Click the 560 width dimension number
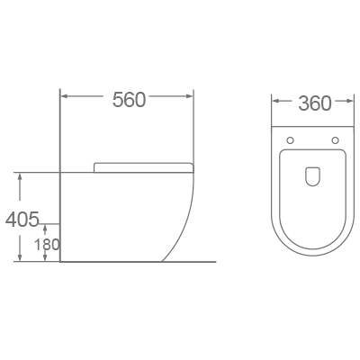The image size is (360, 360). click(129, 101)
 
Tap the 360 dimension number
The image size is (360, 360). click(314, 103)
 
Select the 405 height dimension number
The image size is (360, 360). click(21, 219)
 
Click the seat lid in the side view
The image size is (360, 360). click(144, 166)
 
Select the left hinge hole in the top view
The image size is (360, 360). click(292, 139)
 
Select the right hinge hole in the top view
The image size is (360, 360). click(335, 139)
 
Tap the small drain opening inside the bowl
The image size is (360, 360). click(313, 176)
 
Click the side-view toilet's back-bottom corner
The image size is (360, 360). click(60, 261)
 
